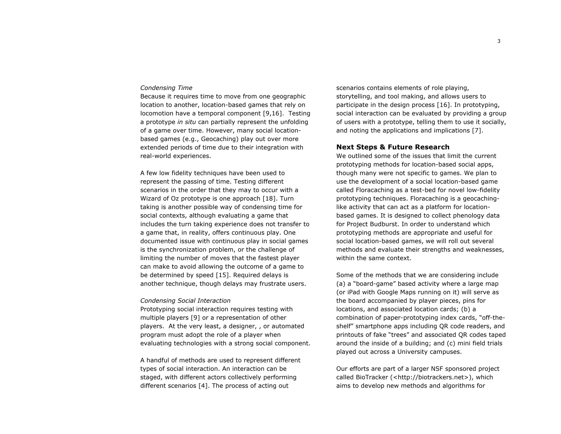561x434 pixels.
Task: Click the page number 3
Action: pyautogui.click(x=499, y=41)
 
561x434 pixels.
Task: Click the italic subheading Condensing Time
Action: pyautogui.click(x=166, y=88)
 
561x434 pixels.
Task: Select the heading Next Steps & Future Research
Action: pyautogui.click(x=393, y=147)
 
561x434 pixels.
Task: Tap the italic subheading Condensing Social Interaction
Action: pyautogui.click(x=185, y=301)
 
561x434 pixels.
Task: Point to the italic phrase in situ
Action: pyautogui.click(x=186, y=122)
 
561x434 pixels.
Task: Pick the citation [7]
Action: pyautogui.click(x=477, y=131)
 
